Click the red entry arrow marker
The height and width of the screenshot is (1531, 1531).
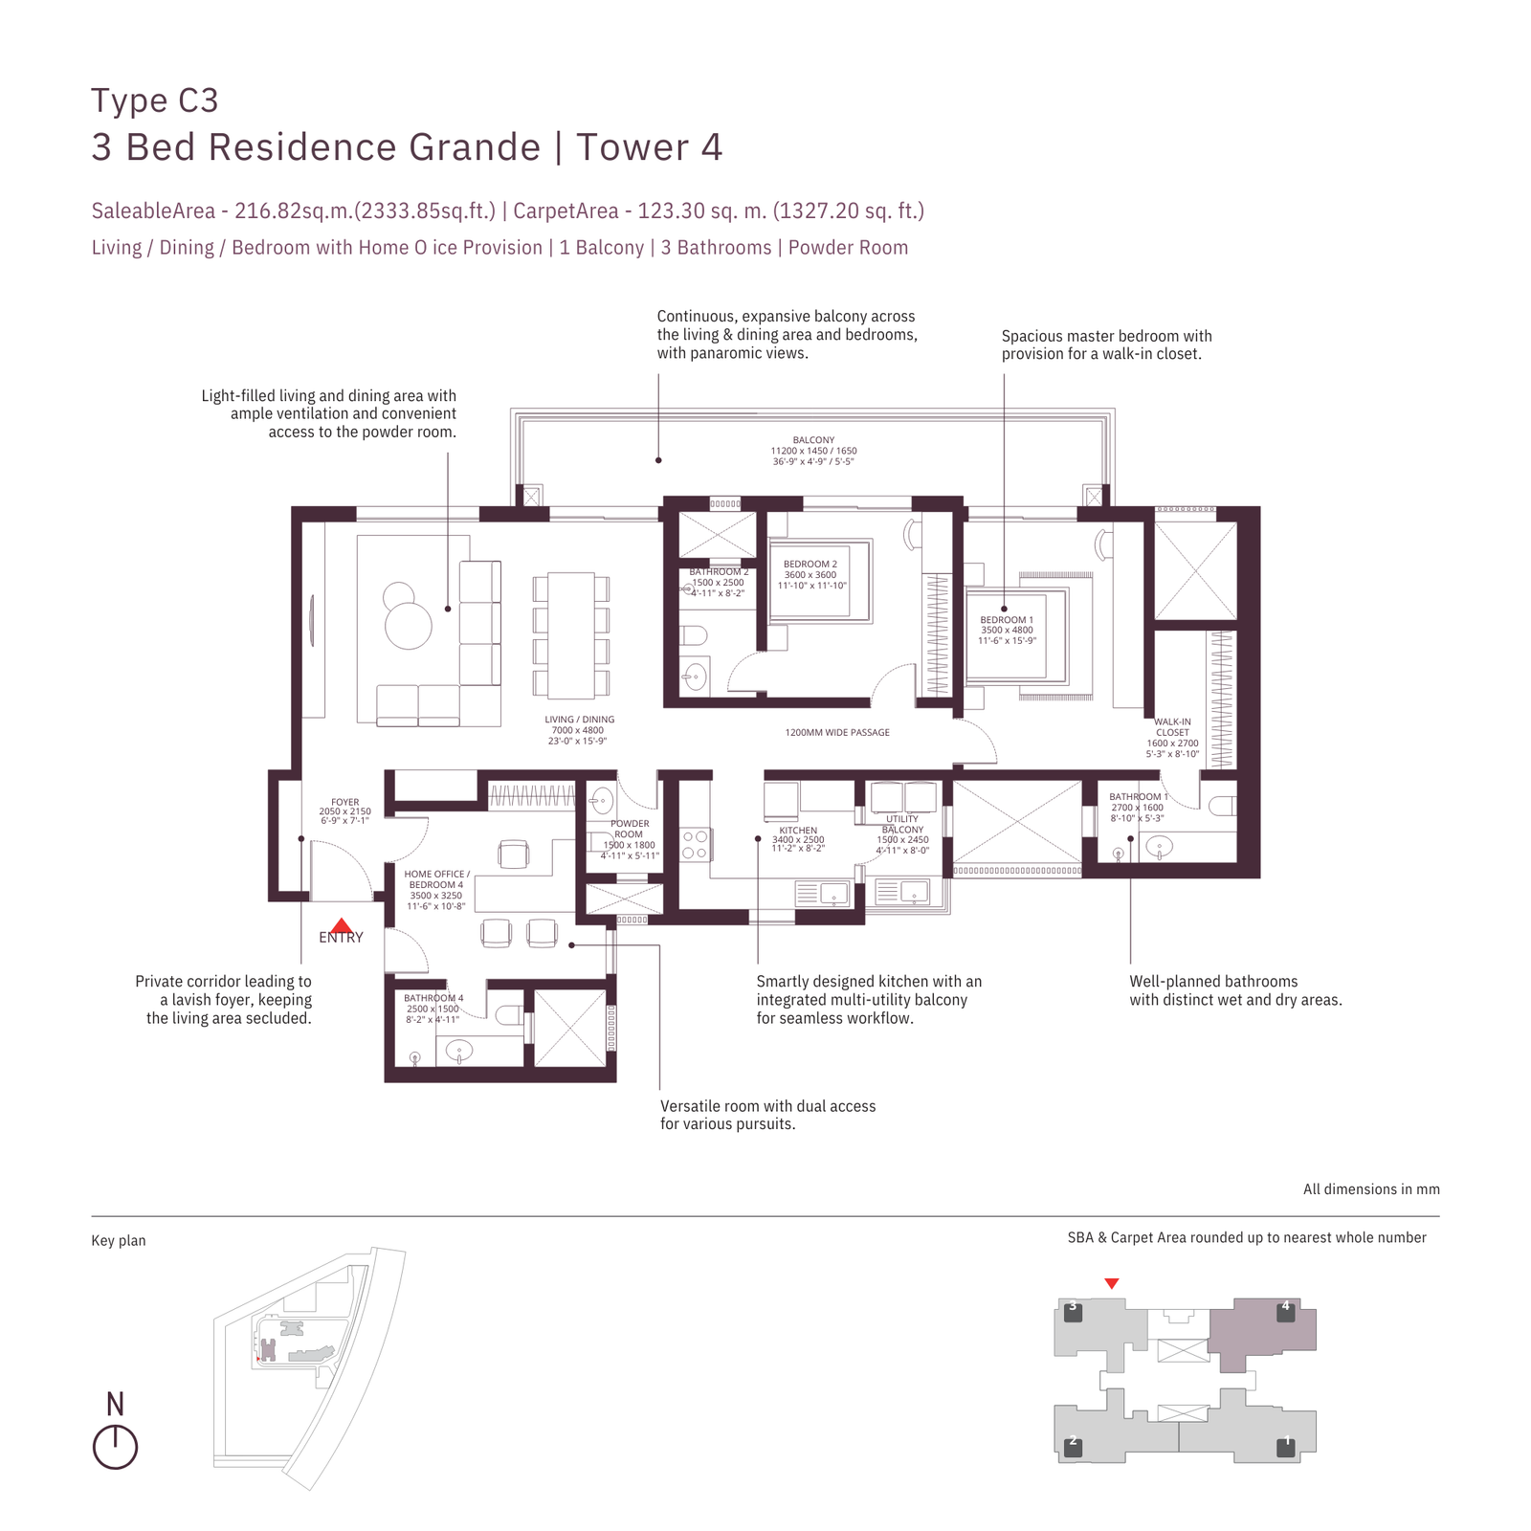pos(341,925)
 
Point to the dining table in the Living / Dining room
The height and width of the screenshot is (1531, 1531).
pos(570,635)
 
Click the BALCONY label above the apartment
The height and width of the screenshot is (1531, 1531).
pos(813,440)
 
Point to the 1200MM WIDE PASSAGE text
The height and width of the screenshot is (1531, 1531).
pos(837,733)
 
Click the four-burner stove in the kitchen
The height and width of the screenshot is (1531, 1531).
pos(695,844)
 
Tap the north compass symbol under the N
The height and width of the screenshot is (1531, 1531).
pos(115,1447)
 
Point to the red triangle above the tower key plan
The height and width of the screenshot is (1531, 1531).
pos(1111,1283)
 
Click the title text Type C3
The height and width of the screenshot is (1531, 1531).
pos(155,100)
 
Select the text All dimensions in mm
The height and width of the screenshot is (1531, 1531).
pos(1370,1189)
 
